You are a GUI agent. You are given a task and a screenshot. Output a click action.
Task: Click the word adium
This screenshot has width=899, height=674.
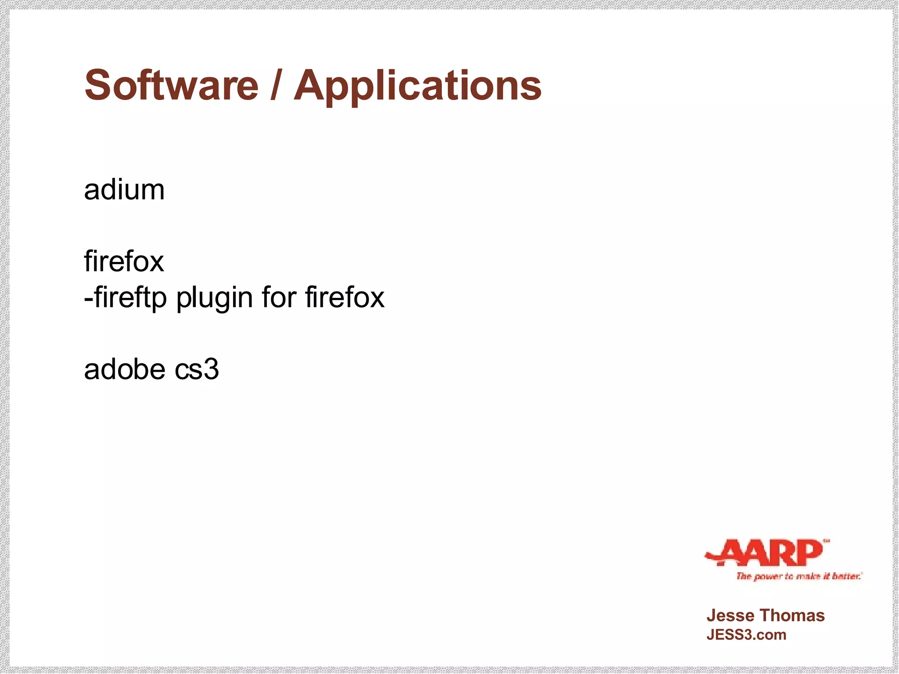124,190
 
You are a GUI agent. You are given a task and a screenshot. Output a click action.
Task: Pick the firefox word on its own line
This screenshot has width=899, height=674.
124,262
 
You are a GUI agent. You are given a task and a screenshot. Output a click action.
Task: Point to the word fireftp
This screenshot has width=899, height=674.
130,298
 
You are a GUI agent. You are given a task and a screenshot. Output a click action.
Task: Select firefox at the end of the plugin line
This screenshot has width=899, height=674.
345,298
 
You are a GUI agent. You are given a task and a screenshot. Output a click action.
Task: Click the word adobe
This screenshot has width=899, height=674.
125,369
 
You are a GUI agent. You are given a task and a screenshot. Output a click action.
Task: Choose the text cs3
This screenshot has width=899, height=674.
197,370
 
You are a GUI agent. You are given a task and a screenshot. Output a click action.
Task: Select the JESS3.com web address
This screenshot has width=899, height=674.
746,635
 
